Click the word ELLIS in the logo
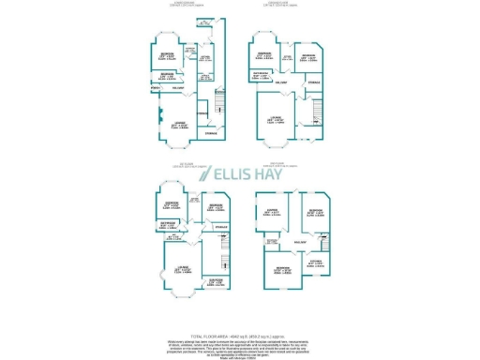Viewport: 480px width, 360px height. click(x=233, y=175)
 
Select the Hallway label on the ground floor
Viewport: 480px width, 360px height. click(x=279, y=83)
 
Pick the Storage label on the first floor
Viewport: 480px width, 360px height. click(x=221, y=227)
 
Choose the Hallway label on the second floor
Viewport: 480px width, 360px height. click(x=298, y=242)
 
